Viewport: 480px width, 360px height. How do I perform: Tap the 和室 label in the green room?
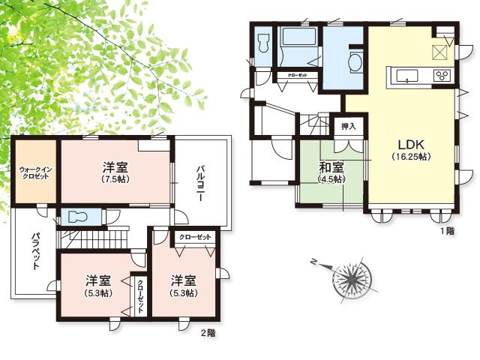point(330,168)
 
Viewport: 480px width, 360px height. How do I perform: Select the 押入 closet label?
point(348,126)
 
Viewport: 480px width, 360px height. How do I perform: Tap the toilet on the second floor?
point(78,217)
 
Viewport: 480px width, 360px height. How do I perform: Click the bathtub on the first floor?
point(298,37)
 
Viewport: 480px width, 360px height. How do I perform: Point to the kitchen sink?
point(408,75)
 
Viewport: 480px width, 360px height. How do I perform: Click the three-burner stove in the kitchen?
point(441,75)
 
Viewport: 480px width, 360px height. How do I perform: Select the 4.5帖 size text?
point(330,180)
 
